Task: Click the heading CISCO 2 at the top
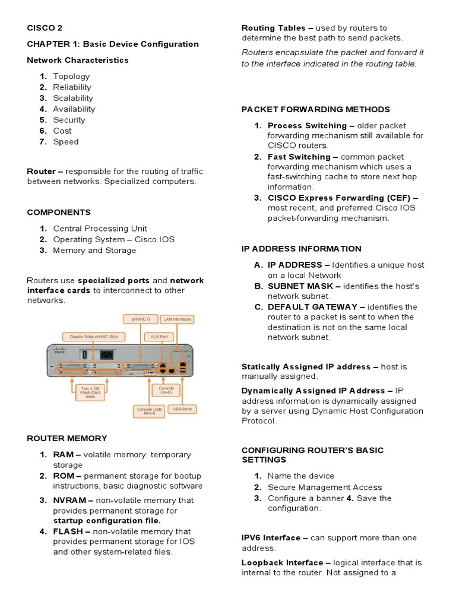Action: point(45,28)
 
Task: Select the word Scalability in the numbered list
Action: point(72,98)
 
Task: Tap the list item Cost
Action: point(62,131)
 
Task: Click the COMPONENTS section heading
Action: point(59,212)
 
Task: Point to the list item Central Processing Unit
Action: point(100,229)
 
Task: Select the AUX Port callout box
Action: point(159,336)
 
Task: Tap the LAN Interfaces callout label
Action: point(176,319)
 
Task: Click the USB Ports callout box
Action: point(182,409)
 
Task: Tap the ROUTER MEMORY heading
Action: point(66,438)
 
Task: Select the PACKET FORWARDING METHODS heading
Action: point(315,109)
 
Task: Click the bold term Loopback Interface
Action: point(282,562)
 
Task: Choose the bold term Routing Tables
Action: point(273,28)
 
